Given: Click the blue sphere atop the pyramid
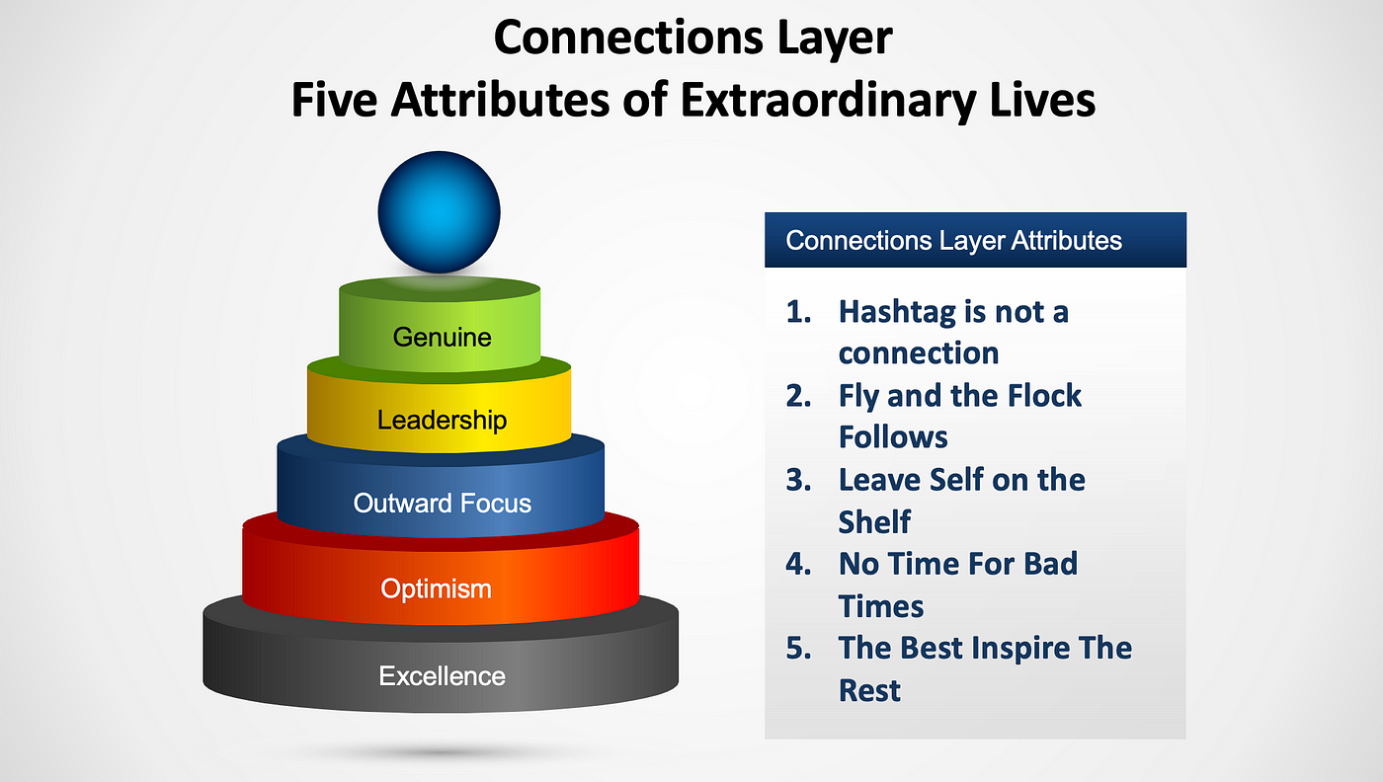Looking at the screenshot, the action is coord(439,212).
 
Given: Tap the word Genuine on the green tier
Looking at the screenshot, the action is coord(443,337).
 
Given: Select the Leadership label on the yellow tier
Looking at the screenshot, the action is coord(443,421).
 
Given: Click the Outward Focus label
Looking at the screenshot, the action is coord(443,503).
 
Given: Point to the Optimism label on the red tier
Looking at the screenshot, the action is coord(436,588).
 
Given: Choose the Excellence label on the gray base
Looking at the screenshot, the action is coord(443,675).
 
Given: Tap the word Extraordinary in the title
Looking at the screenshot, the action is coord(829,99).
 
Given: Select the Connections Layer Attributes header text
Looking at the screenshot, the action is coord(953,240).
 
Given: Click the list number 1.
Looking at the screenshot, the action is coord(798,312).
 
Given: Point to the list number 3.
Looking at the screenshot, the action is coord(798,480).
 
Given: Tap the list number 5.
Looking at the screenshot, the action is coord(798,648).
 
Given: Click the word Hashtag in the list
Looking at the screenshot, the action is coord(897,312).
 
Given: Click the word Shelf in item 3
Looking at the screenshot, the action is coord(874,521).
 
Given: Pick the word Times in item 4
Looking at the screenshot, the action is coord(881,606).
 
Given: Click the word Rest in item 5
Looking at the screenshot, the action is coord(869,690).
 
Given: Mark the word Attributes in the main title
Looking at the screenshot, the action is coord(501,99).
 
